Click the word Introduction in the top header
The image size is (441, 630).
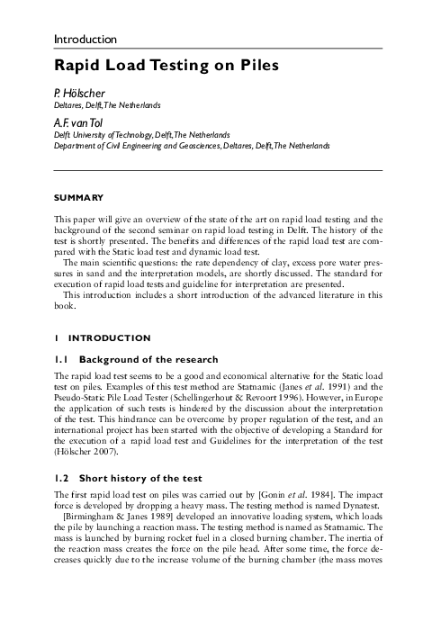click(85, 40)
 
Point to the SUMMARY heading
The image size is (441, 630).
click(78, 197)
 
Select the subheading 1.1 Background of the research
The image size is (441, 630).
click(131, 357)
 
